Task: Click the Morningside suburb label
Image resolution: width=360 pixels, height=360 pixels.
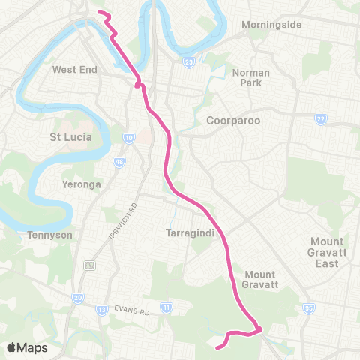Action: pyautogui.click(x=271, y=25)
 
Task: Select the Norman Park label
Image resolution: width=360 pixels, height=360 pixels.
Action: pyautogui.click(x=245, y=78)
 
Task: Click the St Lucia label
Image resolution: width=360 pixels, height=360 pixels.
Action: pyautogui.click(x=70, y=137)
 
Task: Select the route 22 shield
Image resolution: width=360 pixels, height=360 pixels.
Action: pyautogui.click(x=320, y=118)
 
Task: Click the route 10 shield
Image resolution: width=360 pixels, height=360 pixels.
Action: pyautogui.click(x=129, y=138)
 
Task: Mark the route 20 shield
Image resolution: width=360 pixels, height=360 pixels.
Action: pyautogui.click(x=78, y=298)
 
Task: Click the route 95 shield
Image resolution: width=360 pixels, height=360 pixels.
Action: pyautogui.click(x=308, y=308)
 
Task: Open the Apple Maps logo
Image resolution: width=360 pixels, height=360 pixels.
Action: pyautogui.click(x=28, y=347)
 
